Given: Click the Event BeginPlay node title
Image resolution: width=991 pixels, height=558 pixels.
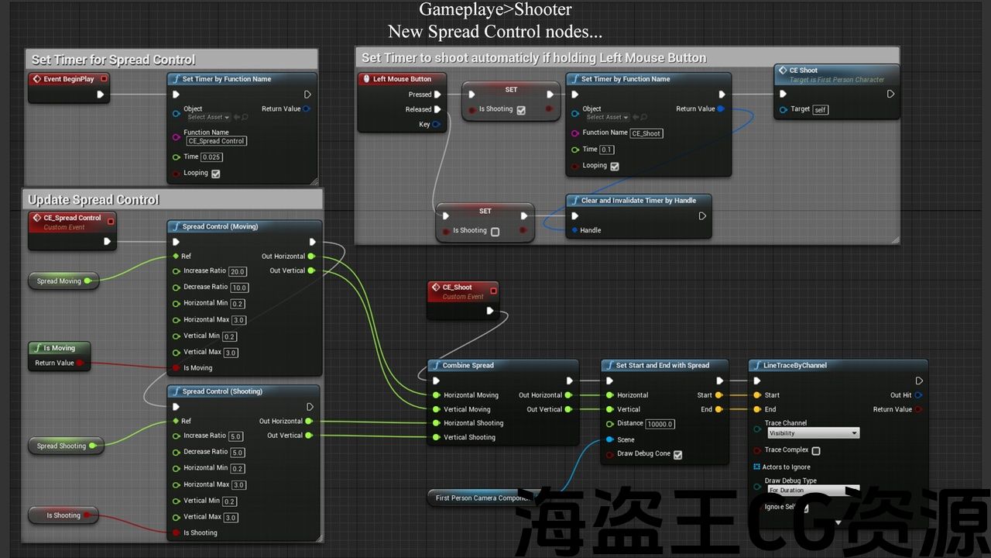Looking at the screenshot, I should [x=68, y=79].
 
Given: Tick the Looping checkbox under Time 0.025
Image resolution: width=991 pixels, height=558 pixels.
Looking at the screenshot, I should [x=216, y=174].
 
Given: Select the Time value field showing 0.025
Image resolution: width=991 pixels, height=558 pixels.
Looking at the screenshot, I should [x=211, y=157].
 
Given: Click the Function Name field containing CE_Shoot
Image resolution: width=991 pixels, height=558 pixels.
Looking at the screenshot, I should [x=646, y=133].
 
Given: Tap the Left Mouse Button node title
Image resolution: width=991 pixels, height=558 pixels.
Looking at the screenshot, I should [x=401, y=79].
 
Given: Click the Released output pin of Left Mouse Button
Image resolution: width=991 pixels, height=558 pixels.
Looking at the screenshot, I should [x=437, y=109].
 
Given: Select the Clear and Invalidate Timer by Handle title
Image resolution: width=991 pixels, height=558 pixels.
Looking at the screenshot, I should [x=638, y=201].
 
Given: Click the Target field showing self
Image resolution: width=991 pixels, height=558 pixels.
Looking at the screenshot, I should [x=821, y=110].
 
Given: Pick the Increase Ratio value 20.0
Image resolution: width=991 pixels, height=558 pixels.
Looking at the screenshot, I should [x=237, y=271].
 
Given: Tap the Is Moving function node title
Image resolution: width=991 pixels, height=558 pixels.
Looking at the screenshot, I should [x=59, y=349].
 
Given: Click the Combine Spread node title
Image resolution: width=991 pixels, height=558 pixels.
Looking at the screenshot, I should [x=468, y=366].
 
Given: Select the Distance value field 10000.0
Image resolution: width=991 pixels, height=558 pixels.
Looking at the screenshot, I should [x=661, y=424].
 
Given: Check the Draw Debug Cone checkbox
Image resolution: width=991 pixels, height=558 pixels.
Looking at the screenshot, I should [x=678, y=455].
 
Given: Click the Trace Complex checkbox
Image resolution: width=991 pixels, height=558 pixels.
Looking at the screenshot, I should [x=816, y=451].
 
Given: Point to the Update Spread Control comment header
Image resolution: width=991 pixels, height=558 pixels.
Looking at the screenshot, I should [x=94, y=200].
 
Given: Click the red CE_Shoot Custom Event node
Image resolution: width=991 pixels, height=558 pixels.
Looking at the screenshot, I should [x=462, y=291].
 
